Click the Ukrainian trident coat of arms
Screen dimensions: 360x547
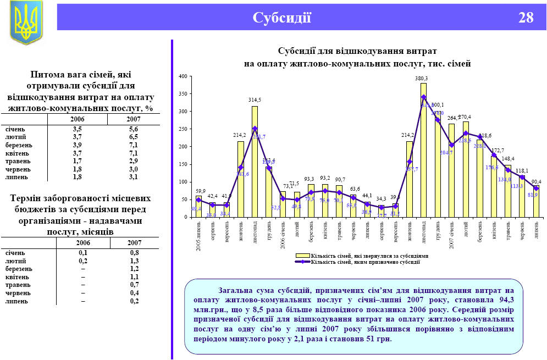click(26, 23)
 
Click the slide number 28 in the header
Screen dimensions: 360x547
click(526, 18)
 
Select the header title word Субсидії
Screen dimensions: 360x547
click(282, 18)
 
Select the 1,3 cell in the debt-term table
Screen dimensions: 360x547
click(134, 261)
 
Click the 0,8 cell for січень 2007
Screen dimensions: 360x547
click(134, 252)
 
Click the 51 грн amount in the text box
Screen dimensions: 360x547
click(378, 339)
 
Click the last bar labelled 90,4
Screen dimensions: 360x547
click(536, 201)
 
